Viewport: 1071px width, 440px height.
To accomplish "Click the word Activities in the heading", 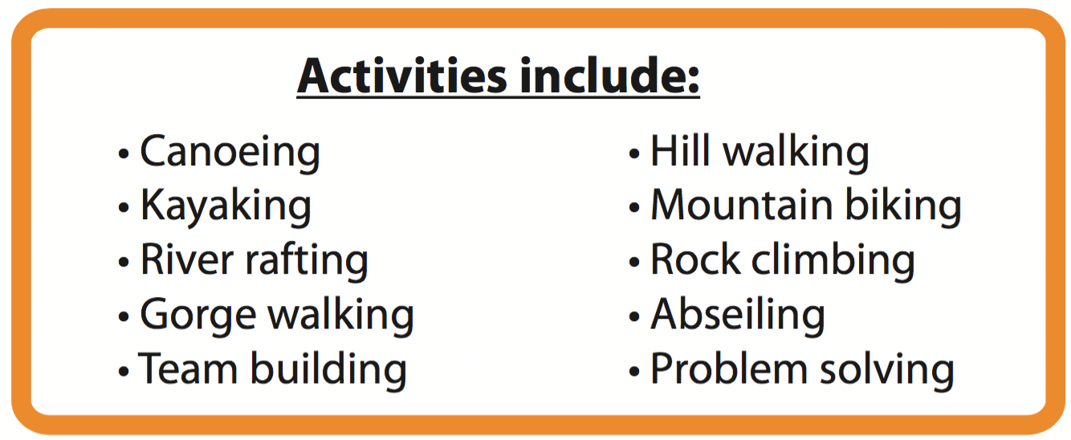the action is (402, 75).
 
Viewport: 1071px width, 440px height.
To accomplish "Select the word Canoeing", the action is (230, 153).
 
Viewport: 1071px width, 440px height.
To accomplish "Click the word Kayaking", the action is (226, 206).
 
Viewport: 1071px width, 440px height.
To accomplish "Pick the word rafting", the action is (307, 261).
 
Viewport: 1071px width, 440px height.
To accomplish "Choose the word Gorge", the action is (198, 316).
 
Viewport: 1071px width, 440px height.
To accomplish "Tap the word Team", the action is (187, 369).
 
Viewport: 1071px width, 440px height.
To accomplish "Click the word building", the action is (329, 370).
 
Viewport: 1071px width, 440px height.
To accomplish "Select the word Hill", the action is (680, 151).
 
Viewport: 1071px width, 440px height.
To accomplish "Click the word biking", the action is (903, 207).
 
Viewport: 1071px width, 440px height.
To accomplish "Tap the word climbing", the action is (833, 261).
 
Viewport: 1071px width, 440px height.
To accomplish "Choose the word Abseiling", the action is (738, 316).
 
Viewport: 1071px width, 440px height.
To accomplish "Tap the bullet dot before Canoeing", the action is (124, 153).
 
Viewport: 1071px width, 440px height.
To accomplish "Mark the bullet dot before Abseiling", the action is (634, 316).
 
